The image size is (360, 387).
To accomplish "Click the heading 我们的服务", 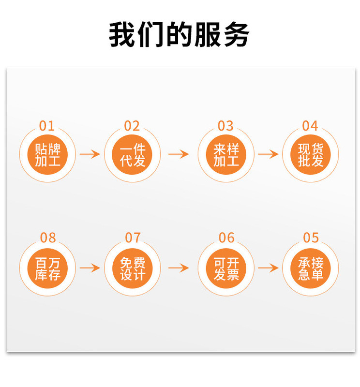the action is click(x=180, y=34).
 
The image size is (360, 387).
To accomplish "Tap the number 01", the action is click(x=47, y=126).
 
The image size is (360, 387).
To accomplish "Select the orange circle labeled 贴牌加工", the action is click(x=47, y=155).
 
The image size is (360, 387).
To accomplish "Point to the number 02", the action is click(x=132, y=126).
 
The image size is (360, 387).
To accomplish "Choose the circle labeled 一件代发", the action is click(x=132, y=155).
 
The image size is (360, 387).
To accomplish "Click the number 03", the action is click(x=225, y=126).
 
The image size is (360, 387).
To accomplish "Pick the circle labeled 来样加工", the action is click(x=226, y=155).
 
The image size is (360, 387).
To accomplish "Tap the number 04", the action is click(x=310, y=126).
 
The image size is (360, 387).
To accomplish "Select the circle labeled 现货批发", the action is click(x=311, y=155).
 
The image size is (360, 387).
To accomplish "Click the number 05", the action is click(x=311, y=238).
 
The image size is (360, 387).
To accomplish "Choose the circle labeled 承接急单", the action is click(x=311, y=268).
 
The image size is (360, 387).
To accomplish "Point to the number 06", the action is click(x=226, y=238).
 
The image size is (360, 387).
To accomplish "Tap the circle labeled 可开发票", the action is click(x=226, y=268).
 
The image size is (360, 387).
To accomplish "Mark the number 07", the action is click(x=132, y=238).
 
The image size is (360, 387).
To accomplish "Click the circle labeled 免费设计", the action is click(x=132, y=268).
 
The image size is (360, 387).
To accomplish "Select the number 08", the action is click(x=47, y=238).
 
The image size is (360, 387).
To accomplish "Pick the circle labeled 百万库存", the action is click(x=47, y=268).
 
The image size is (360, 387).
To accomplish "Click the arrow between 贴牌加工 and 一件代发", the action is click(x=90, y=154).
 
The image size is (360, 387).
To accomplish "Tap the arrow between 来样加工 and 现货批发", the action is click(x=268, y=154).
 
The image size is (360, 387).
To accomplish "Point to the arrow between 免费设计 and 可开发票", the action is click(x=179, y=268).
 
